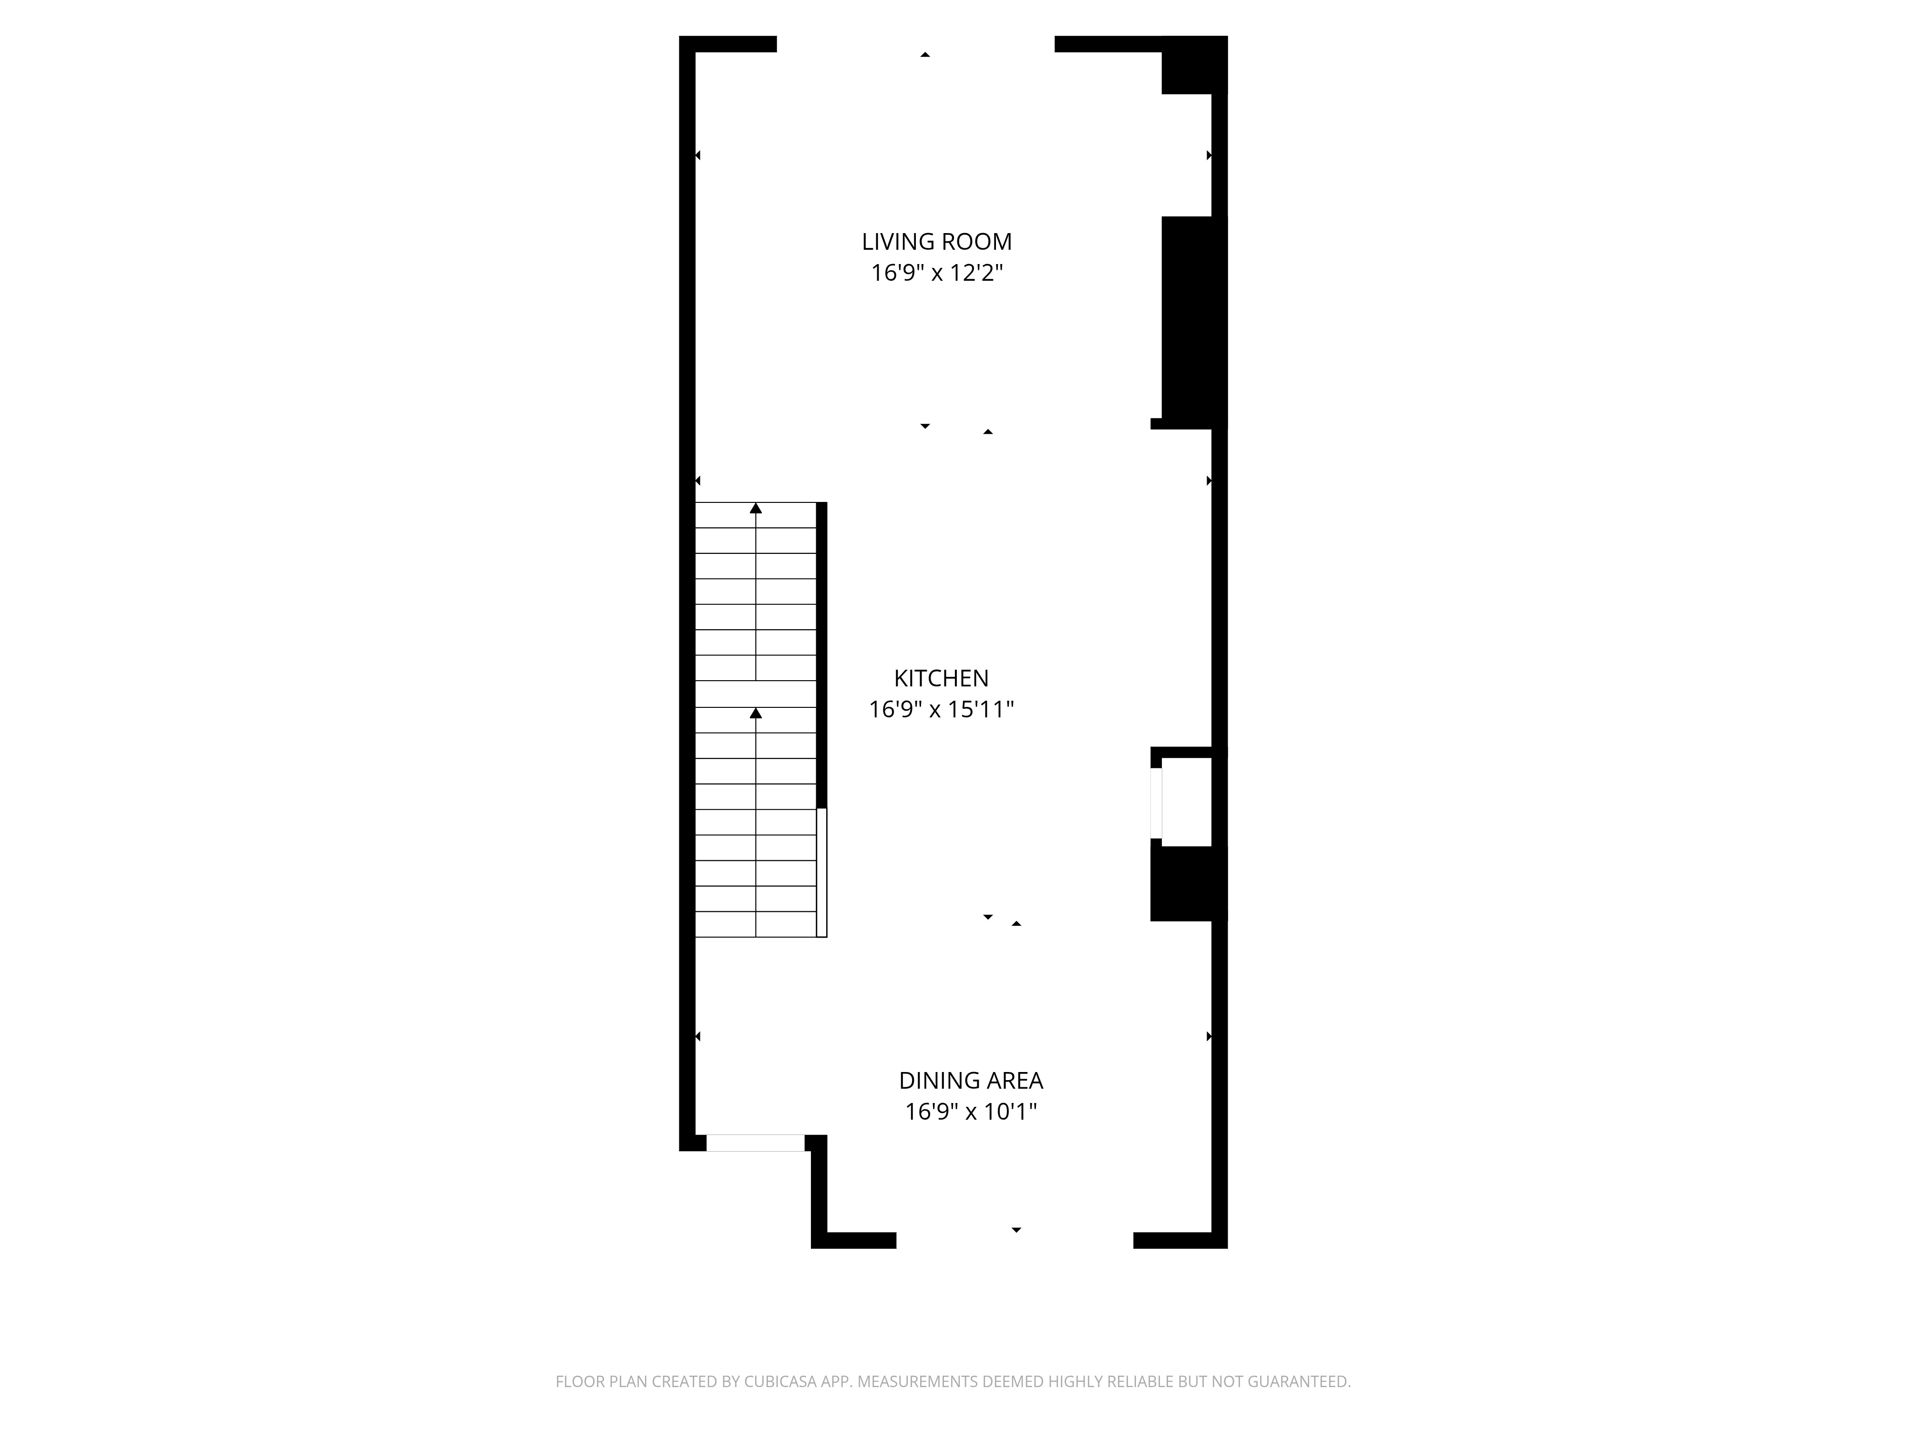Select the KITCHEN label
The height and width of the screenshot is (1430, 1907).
(x=941, y=678)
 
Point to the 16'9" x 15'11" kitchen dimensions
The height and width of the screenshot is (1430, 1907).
(x=941, y=709)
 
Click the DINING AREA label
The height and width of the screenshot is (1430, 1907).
(x=971, y=1081)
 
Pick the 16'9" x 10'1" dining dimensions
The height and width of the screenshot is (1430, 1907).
(x=971, y=1112)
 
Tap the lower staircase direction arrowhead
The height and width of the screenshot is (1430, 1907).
(x=756, y=713)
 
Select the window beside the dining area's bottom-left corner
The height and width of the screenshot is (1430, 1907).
(x=755, y=1143)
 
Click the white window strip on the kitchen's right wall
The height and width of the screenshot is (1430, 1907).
(x=1156, y=803)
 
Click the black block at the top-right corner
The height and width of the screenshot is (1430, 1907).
(x=1194, y=65)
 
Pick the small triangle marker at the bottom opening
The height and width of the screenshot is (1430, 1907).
(x=1016, y=1230)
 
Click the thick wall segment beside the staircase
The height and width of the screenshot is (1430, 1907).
(x=821, y=655)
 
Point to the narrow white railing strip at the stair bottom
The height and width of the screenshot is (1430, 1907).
(x=821, y=872)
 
